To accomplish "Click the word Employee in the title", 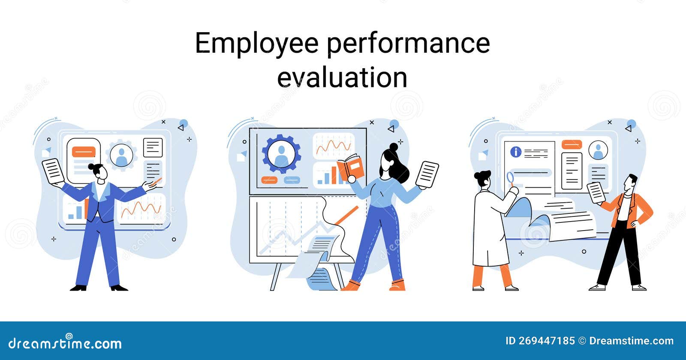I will (x=256, y=44).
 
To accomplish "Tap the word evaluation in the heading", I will (x=342, y=78).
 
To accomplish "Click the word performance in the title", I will (x=408, y=44).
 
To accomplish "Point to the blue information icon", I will (x=515, y=152).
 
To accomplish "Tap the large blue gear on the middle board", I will (x=281, y=153).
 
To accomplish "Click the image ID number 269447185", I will (x=547, y=341).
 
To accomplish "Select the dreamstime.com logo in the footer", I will (x=65, y=343).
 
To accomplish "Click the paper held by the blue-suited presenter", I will (x=53, y=171).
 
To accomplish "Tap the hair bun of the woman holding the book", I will (x=394, y=147).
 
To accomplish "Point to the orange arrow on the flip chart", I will (x=346, y=215).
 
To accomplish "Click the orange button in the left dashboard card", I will (x=84, y=152).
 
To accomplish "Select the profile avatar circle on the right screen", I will (x=598, y=150).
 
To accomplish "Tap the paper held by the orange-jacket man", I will (x=596, y=192).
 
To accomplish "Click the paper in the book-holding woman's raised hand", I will (x=427, y=174).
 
